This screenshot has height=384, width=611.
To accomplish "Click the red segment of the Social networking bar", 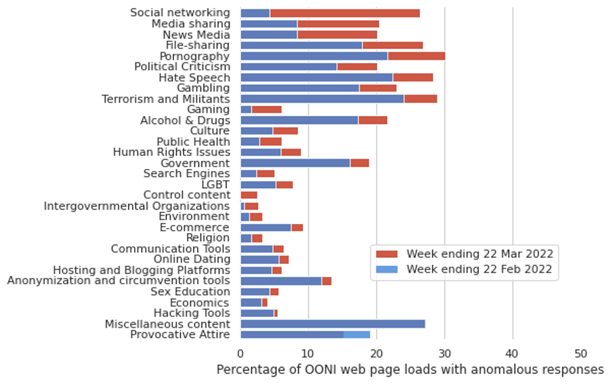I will pyautogui.click(x=344, y=13).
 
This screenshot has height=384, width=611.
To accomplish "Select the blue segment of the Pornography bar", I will pyautogui.click(x=314, y=56).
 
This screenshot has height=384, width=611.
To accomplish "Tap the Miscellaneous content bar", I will pyautogui.click(x=333, y=324).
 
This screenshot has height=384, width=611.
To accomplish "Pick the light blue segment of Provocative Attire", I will pyautogui.click(x=357, y=334).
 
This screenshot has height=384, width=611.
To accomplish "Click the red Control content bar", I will pyautogui.click(x=249, y=195).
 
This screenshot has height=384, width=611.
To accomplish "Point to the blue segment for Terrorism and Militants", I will pyautogui.click(x=322, y=99).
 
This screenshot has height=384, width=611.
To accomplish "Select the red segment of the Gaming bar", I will pyautogui.click(x=266, y=109).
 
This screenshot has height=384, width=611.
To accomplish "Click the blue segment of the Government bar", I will pyautogui.click(x=295, y=163).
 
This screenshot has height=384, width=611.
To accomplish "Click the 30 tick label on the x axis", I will pyautogui.click(x=444, y=353).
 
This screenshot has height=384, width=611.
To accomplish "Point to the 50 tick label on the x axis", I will pyautogui.click(x=581, y=353).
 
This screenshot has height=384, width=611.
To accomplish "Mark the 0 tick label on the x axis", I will pyautogui.click(x=240, y=353).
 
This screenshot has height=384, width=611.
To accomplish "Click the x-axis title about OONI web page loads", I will pyautogui.click(x=410, y=370).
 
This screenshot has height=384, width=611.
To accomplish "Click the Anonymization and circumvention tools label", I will pyautogui.click(x=119, y=281).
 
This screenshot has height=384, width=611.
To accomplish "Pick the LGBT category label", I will pyautogui.click(x=215, y=185).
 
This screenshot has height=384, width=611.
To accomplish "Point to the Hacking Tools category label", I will pyautogui.click(x=191, y=313).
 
